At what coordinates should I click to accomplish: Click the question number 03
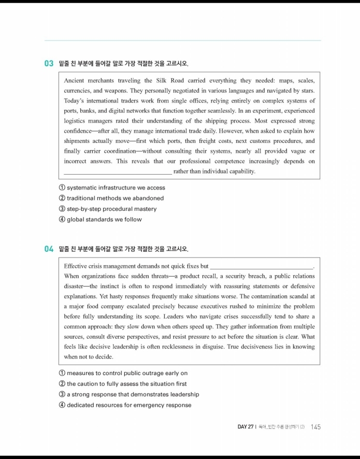point(49,64)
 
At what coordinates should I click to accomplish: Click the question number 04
point(49,249)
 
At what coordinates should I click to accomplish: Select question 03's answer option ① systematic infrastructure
point(112,188)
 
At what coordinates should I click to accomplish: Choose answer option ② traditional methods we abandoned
point(111,198)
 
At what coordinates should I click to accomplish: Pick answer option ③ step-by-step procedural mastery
point(108,209)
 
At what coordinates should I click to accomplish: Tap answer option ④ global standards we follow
point(100,219)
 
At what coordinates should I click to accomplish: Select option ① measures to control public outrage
point(123,373)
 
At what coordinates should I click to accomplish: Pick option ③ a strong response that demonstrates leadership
point(129,394)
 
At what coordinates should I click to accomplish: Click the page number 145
point(316,427)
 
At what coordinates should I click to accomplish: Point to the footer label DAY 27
point(245,427)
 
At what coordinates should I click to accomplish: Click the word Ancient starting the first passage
point(75,81)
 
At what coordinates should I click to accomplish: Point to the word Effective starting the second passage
point(77,266)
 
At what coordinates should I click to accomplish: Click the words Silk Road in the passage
point(155,81)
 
